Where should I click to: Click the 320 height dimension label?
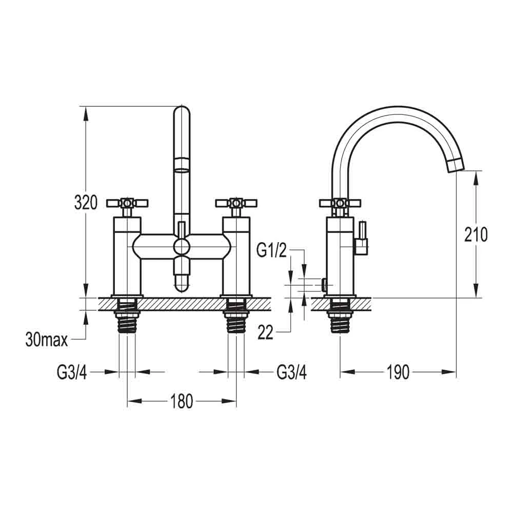click(x=86, y=203)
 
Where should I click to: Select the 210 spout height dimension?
click(x=476, y=234)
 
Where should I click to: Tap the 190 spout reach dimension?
click(x=399, y=372)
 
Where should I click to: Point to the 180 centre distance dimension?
click(x=182, y=401)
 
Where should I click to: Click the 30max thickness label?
click(x=46, y=339)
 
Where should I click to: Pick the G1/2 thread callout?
click(x=272, y=251)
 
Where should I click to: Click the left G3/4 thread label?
click(x=72, y=372)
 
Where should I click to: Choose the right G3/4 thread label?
click(x=291, y=372)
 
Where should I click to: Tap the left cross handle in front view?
click(x=127, y=203)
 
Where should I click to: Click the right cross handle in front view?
click(x=236, y=203)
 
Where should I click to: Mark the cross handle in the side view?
click(x=339, y=203)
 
